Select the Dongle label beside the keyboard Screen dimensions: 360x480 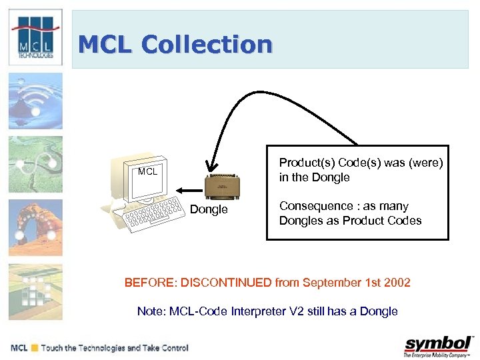coord(209,210)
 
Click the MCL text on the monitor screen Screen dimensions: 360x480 coord(147,172)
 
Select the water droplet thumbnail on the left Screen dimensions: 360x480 coord(35,101)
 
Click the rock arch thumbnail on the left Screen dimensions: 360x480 coord(35,227)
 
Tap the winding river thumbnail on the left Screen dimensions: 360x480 coord(35,164)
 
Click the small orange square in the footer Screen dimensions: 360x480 coord(35,348)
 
